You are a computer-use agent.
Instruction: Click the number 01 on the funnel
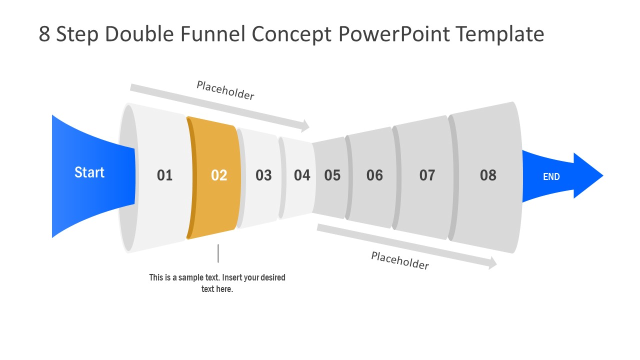(x=164, y=175)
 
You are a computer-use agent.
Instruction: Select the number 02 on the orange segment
(x=219, y=175)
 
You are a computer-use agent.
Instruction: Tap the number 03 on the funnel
(x=263, y=175)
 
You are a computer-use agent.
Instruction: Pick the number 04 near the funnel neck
(x=302, y=175)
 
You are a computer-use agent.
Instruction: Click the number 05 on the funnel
(x=332, y=175)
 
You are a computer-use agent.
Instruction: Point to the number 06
(x=374, y=175)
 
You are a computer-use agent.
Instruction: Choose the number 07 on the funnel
(x=427, y=175)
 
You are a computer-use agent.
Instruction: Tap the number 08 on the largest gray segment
(x=488, y=175)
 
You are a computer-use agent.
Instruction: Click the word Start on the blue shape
(x=89, y=172)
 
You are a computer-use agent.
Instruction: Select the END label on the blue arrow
(x=551, y=176)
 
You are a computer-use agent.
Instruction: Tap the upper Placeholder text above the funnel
(x=225, y=90)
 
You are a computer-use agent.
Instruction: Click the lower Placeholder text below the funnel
(x=400, y=260)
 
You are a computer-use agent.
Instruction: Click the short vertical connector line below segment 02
(x=218, y=253)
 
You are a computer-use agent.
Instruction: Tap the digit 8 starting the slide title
(x=44, y=34)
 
